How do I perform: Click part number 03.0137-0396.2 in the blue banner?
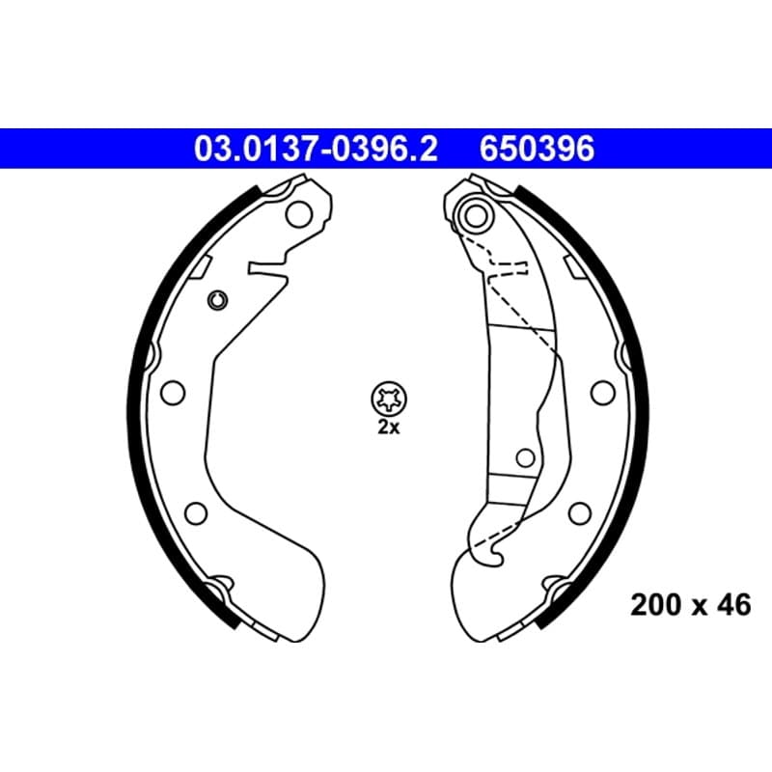tap(316, 149)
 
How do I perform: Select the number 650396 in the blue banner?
tap(538, 149)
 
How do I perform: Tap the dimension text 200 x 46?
tap(691, 605)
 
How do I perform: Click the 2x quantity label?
tap(389, 427)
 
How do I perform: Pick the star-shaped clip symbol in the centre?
tap(389, 399)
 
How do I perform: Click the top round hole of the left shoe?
tap(299, 214)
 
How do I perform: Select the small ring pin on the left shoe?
tap(217, 300)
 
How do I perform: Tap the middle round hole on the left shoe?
tap(173, 393)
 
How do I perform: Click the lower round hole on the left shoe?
tap(196, 513)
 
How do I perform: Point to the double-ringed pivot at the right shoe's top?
tap(476, 215)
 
